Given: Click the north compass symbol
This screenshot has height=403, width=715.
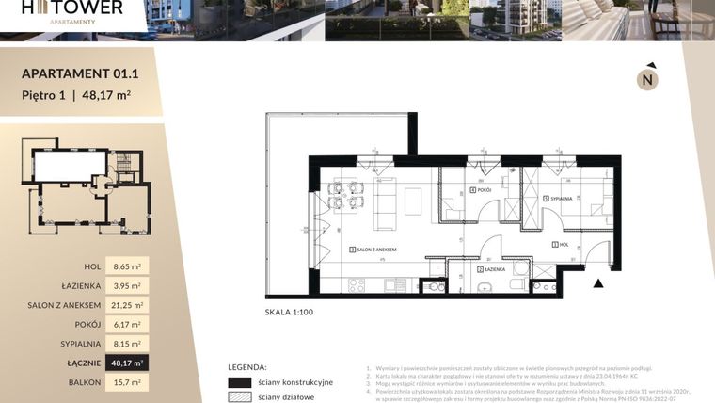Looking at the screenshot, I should (647, 79).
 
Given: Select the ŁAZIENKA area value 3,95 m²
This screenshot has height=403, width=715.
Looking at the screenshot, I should (126, 286).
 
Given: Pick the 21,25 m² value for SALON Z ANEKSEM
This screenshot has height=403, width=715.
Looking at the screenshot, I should (126, 305).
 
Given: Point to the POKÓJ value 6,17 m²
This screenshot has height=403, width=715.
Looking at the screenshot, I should (126, 325).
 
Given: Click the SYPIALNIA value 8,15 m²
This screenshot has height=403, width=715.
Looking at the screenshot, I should (126, 344).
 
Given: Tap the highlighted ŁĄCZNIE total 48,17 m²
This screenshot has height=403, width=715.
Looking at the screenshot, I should (126, 363).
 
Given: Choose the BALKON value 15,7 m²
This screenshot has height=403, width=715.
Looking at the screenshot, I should (126, 382).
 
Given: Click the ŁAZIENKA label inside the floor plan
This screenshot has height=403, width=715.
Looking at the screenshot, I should (492, 270).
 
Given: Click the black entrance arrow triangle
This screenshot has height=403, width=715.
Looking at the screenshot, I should (597, 280).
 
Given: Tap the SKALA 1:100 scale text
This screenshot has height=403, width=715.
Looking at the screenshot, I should (291, 311).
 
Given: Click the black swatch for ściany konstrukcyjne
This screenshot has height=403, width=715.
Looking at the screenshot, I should (240, 382).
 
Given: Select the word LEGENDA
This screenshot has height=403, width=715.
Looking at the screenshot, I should (247, 367).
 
